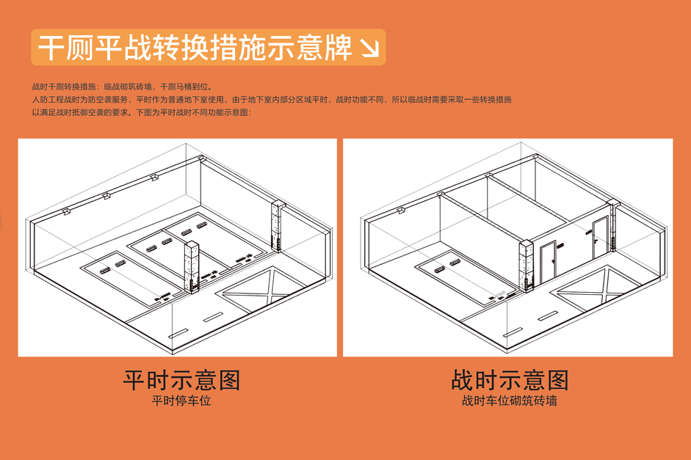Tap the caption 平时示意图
(x=181, y=379)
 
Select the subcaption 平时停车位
(x=181, y=401)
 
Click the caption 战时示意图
(x=510, y=379)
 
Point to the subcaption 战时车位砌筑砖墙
(x=510, y=401)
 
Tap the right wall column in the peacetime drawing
(x=278, y=225)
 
